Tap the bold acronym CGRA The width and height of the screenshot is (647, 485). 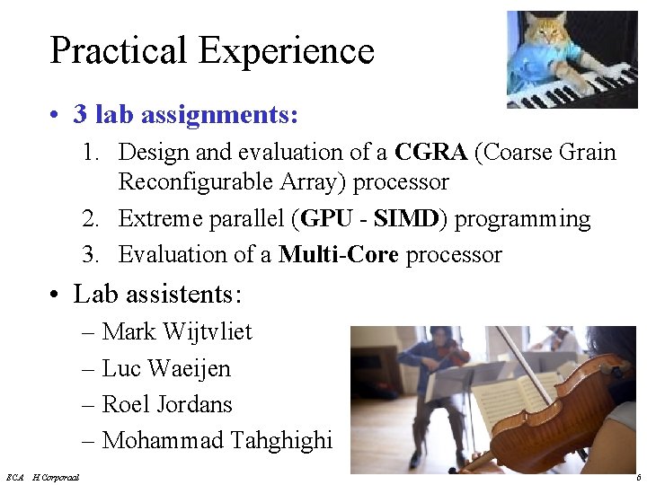tap(430, 152)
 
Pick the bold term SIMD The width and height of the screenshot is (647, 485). tap(404, 218)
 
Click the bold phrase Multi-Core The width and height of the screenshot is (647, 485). tap(338, 255)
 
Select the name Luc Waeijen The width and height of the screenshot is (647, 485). tap(166, 368)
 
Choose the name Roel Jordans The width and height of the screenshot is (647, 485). tap(167, 404)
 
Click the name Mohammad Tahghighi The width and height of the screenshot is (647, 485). tap(217, 441)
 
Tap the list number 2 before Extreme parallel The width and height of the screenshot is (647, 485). tap(90, 219)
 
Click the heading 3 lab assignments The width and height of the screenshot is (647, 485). tap(185, 115)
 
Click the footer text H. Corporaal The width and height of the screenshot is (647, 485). tap(56, 477)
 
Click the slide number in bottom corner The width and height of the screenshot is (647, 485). tap(636, 477)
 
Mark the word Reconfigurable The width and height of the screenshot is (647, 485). tap(195, 182)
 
